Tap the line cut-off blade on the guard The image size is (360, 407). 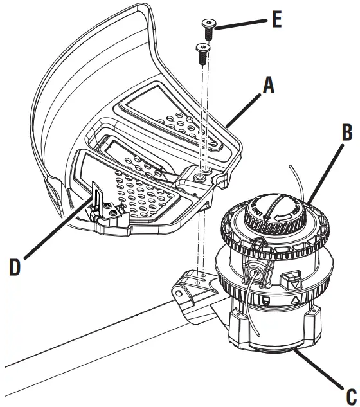(x=98, y=195)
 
